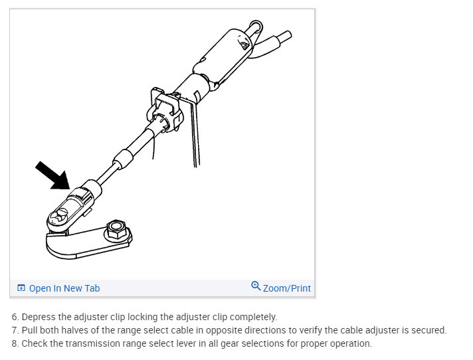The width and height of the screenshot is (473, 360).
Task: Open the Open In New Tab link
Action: (64, 288)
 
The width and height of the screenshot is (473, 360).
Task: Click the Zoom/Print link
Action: (287, 288)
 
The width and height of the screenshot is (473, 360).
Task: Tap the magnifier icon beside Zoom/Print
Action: (256, 286)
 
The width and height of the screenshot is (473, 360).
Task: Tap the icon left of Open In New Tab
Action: (21, 288)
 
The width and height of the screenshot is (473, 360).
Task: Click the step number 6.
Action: (15, 317)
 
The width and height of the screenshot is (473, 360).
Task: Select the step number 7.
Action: (15, 330)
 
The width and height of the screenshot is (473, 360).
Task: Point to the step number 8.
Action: (15, 343)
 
